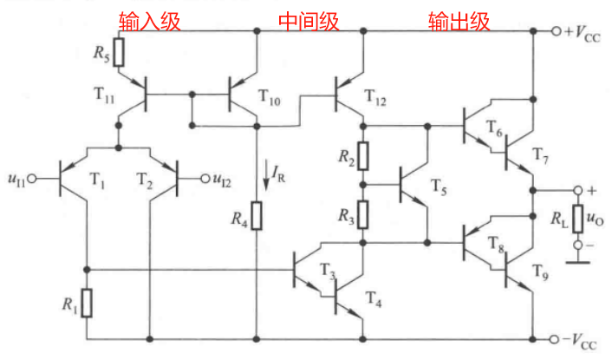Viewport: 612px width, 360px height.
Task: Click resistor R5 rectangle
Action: pos(119,53)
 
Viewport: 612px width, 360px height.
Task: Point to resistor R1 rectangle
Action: pos(87,302)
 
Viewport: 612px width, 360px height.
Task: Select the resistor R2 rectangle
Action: pos(364,156)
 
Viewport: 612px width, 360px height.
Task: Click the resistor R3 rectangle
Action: pos(364,211)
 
